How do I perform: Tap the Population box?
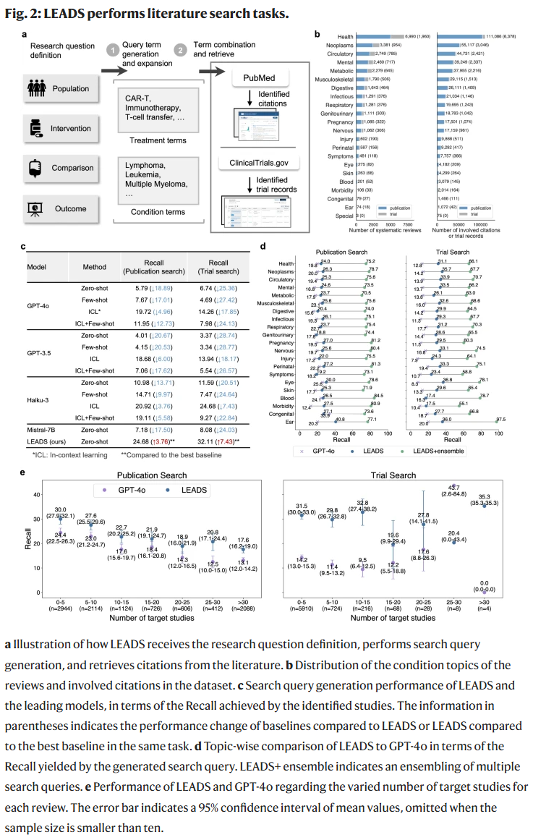59,89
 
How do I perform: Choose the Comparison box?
59,168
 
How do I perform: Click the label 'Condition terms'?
156,212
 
